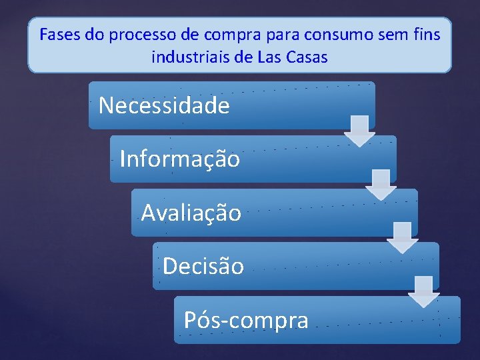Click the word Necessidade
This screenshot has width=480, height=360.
pyautogui.click(x=164, y=105)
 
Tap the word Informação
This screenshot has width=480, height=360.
pyautogui.click(x=180, y=159)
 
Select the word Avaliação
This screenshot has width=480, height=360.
pyautogui.click(x=191, y=213)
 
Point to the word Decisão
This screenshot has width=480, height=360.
pyautogui.click(x=203, y=266)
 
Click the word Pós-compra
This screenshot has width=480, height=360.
pyautogui.click(x=246, y=320)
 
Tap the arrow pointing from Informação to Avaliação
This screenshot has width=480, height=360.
pyautogui.click(x=381, y=185)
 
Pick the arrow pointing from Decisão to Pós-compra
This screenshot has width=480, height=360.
pyautogui.click(x=423, y=291)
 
